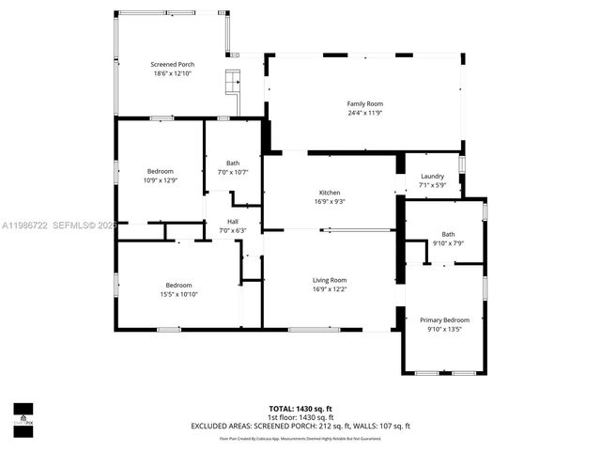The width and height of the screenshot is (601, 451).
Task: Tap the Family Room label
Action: coord(365,104)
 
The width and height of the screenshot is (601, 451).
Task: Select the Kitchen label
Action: coord(329,192)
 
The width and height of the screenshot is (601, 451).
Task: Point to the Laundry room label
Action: coord(432,176)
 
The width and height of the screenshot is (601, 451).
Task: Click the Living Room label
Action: coord(330,280)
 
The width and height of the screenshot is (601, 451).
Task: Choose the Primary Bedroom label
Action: coord(444,319)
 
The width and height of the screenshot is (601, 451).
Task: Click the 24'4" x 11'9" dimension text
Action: coord(365,114)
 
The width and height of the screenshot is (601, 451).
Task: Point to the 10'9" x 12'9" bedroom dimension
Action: coord(160,180)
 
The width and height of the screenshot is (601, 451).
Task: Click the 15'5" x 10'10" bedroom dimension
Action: coord(179,294)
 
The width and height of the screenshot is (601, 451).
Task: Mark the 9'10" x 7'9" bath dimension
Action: coord(448,243)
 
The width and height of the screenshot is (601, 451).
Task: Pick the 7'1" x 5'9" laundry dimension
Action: coord(432,185)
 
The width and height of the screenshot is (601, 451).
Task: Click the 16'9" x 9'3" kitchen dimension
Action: coord(329,201)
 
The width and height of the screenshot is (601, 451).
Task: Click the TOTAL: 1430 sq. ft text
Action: coord(300,409)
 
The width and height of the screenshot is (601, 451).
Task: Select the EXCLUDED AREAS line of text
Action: coord(300,426)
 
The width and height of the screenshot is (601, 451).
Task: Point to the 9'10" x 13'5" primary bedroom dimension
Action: coord(444,329)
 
